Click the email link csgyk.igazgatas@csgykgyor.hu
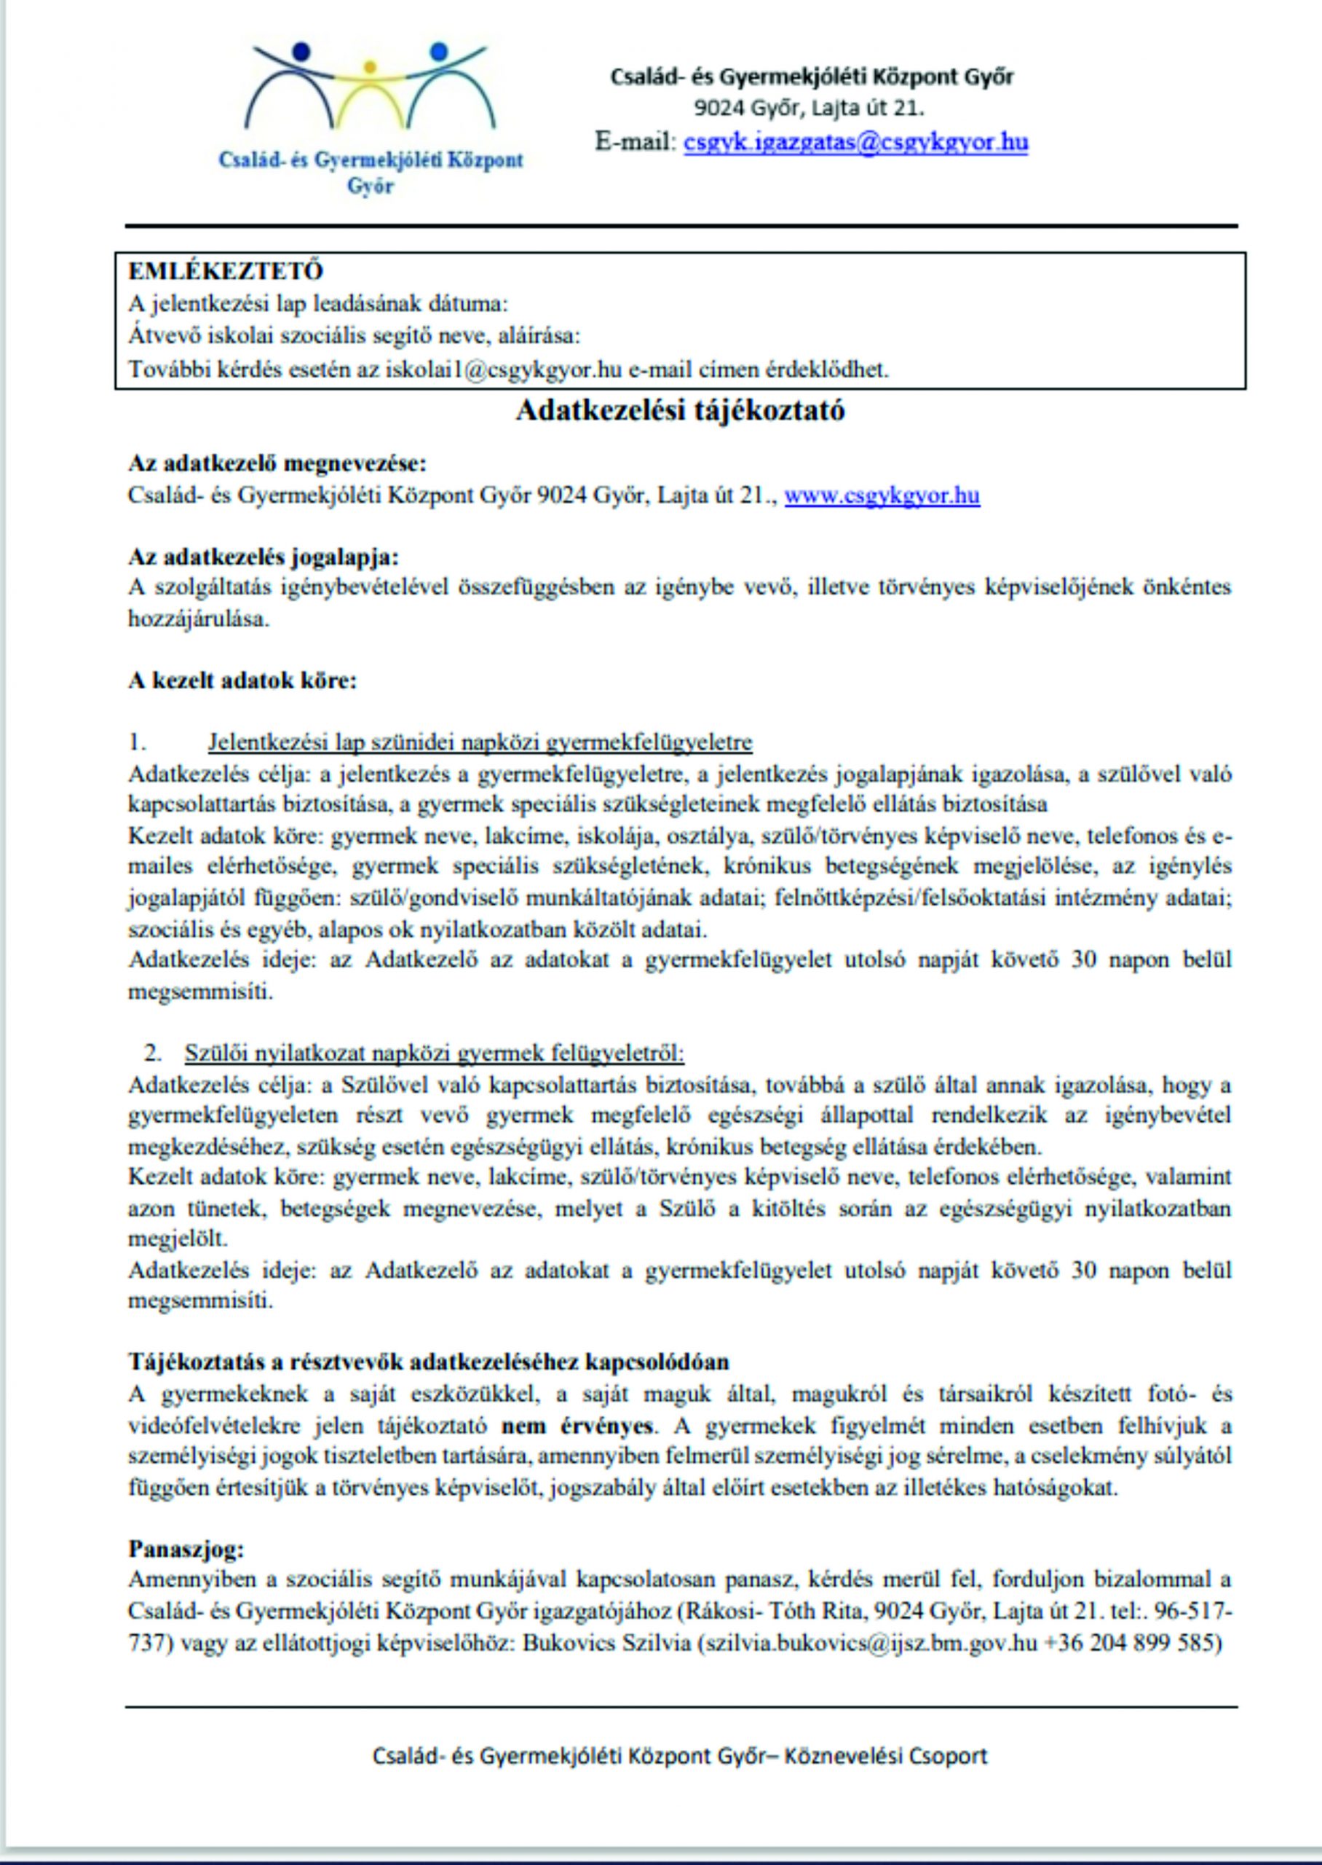click(855, 142)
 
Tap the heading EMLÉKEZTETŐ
click(226, 271)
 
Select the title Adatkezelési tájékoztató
click(680, 410)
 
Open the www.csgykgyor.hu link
click(882, 496)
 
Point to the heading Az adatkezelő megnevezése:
click(277, 464)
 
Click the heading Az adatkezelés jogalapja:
click(264, 557)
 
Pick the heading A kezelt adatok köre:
click(242, 681)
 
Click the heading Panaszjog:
click(186, 1548)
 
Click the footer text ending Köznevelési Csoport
click(680, 1756)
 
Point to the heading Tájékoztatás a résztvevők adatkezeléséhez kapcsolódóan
click(428, 1362)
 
